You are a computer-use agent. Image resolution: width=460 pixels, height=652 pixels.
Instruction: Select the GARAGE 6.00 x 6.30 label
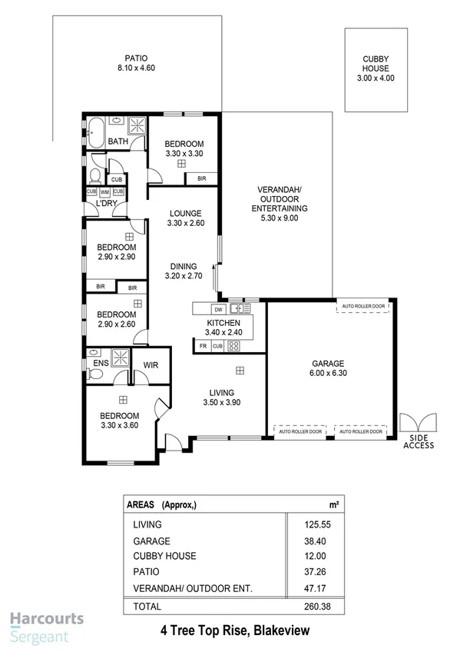click(x=327, y=368)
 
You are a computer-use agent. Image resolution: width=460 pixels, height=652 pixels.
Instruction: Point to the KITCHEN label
click(x=223, y=322)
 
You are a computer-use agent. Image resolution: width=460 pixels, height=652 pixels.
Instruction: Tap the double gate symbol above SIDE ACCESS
click(x=419, y=424)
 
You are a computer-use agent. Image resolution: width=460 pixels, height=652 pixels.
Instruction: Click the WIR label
click(x=151, y=365)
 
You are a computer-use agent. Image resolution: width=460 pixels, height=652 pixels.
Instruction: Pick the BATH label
click(x=117, y=141)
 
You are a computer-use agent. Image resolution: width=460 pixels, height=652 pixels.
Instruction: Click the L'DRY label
click(x=105, y=204)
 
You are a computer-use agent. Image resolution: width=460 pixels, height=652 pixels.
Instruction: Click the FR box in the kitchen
click(x=204, y=347)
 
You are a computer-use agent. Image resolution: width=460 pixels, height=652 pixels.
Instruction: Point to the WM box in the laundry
click(x=105, y=191)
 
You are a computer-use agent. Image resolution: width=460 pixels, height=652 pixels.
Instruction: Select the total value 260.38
click(x=316, y=607)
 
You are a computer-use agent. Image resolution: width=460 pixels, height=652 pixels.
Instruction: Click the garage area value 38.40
click(x=316, y=541)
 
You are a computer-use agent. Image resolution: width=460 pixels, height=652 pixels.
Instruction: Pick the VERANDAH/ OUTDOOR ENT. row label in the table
click(x=193, y=589)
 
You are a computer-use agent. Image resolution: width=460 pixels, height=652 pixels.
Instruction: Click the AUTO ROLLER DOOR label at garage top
click(x=362, y=305)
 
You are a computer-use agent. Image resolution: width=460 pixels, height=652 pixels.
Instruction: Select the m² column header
click(x=333, y=504)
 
